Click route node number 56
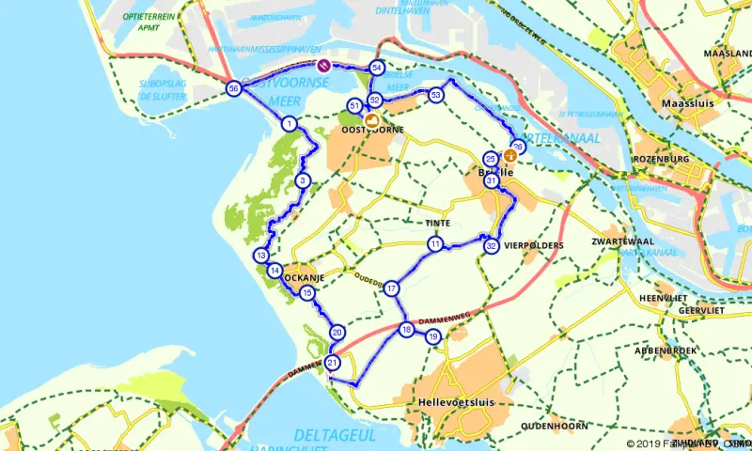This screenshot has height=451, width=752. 233,89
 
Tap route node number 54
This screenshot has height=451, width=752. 377,69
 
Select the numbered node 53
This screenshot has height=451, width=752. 435,95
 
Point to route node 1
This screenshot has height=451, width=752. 290,124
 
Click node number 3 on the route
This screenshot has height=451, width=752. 302,180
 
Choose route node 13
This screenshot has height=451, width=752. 260,256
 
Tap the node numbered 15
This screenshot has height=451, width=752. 307,293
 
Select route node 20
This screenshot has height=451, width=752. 337,332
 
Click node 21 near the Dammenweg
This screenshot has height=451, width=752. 333,364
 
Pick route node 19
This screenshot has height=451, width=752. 433,336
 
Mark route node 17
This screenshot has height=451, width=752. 392,288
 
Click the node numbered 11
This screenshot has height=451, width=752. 435,244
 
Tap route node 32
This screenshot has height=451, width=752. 491,246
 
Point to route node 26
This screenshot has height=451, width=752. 517,146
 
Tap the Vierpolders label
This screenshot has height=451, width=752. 534,246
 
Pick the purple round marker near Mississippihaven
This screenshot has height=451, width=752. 322,65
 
